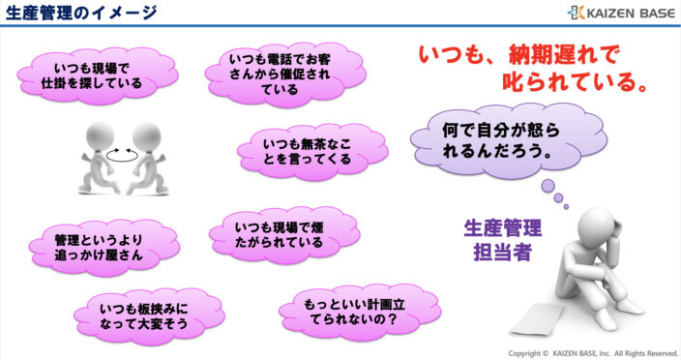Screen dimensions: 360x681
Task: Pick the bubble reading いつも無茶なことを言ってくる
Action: click(x=306, y=147)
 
